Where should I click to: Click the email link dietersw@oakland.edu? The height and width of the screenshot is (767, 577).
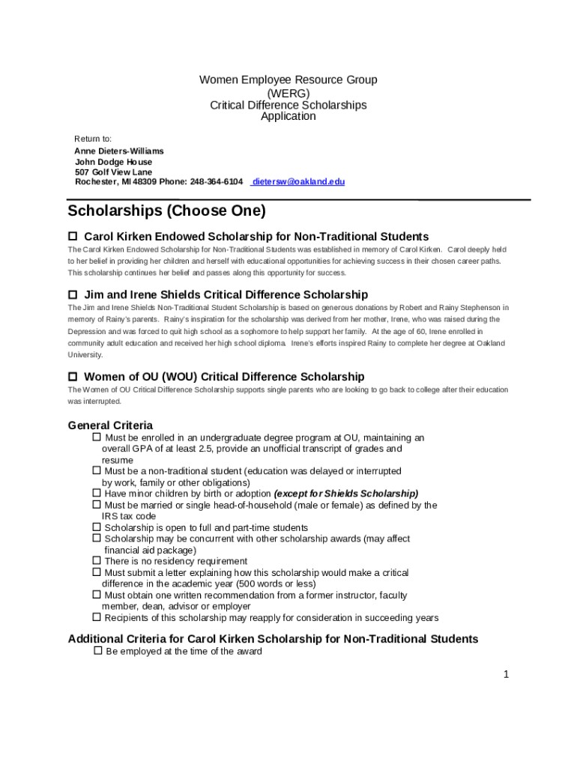[298, 182]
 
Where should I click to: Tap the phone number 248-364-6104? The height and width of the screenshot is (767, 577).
[216, 182]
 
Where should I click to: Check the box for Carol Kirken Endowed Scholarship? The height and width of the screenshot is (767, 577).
[73, 237]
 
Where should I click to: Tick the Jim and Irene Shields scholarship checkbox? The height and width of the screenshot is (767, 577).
[73, 294]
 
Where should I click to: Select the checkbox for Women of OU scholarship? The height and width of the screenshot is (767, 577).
[73, 376]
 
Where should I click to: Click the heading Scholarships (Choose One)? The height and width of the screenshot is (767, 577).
[166, 211]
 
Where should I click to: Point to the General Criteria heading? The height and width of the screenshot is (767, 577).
[110, 425]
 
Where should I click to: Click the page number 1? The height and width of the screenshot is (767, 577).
[506, 674]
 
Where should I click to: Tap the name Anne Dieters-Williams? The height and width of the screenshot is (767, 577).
[119, 151]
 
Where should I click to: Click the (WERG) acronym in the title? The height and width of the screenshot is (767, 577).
[288, 92]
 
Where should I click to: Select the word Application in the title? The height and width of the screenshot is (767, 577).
[288, 116]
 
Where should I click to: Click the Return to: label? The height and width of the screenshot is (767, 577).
[93, 139]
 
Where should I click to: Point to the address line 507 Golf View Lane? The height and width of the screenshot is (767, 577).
[113, 172]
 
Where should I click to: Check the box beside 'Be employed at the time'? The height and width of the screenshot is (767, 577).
[97, 651]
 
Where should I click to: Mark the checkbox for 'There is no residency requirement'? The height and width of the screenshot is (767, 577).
[97, 561]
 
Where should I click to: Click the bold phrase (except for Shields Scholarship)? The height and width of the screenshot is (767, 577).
[346, 494]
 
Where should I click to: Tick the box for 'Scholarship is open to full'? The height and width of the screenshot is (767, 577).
[97, 527]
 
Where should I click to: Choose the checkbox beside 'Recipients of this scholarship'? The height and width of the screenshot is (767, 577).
[97, 617]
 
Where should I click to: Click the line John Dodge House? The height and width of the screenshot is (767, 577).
[113, 161]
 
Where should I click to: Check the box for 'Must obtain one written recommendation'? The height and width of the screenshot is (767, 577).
[97, 595]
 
